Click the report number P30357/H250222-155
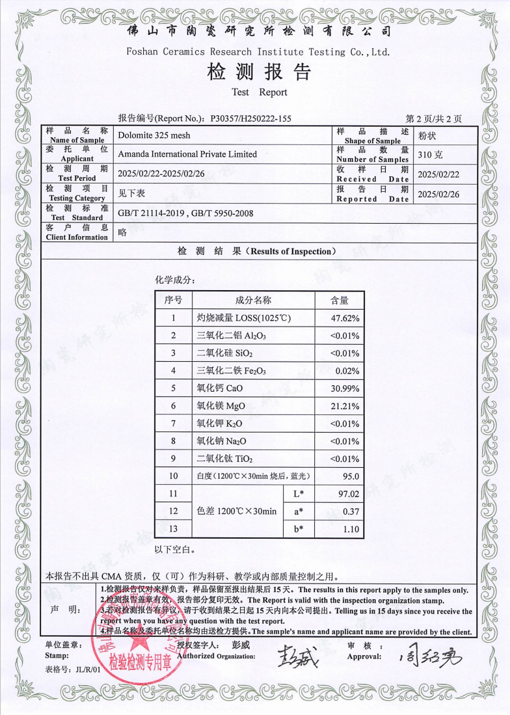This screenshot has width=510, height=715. [250, 119]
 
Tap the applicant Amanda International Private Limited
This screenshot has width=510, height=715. [187, 154]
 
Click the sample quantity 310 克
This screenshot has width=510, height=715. [431, 155]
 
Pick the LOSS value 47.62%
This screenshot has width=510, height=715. [345, 318]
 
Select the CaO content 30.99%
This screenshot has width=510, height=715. [345, 388]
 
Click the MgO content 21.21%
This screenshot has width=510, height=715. [345, 406]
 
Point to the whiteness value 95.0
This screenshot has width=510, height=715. [349, 476]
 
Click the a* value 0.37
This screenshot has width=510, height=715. [350, 512]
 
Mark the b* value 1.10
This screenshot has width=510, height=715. [350, 530]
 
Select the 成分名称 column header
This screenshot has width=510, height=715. [253, 300]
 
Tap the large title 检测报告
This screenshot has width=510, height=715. [258, 72]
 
